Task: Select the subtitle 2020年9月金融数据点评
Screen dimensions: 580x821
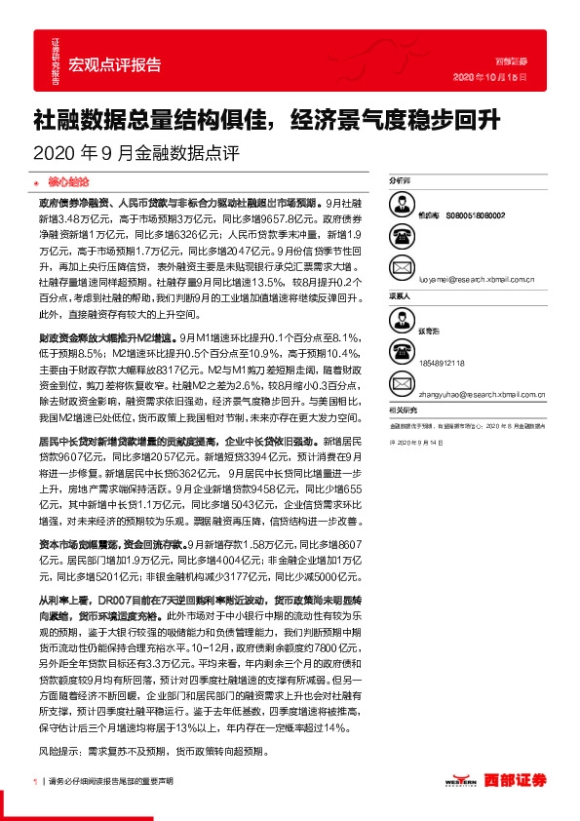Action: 135,152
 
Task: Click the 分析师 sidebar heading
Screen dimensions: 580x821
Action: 400,181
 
